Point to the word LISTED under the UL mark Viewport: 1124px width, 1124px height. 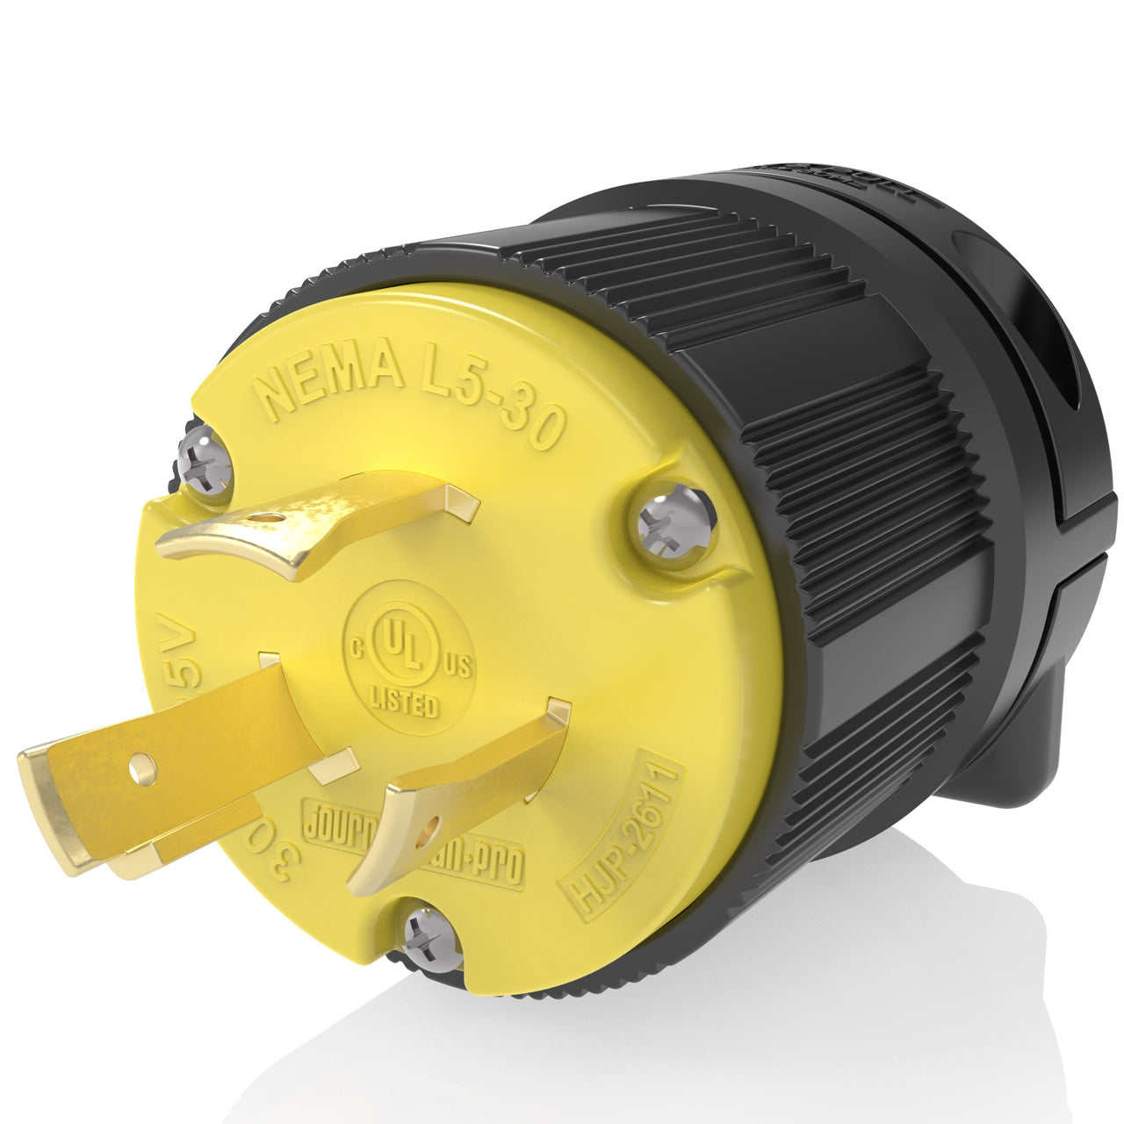coord(403,702)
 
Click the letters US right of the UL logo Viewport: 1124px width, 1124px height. coord(458,666)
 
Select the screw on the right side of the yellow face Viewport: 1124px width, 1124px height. coord(674,522)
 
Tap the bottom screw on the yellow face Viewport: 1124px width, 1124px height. coord(433,939)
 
